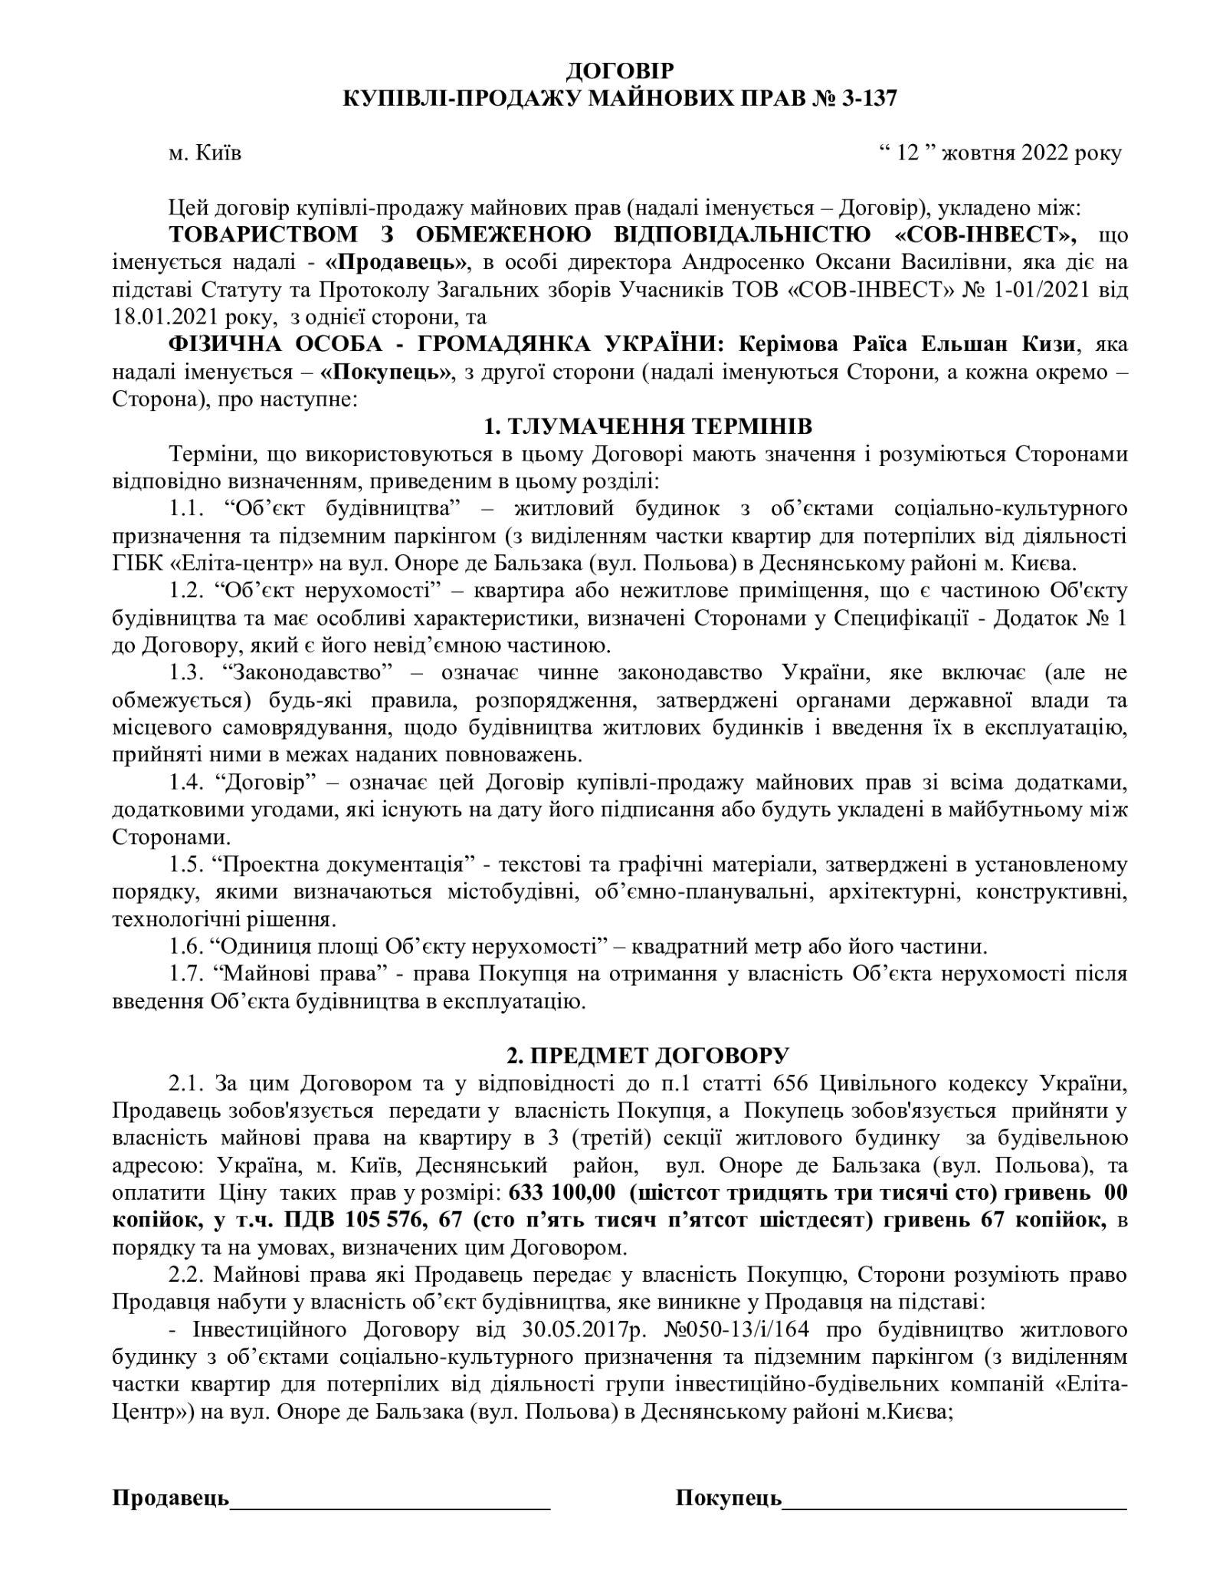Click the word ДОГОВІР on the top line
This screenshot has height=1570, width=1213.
pos(620,71)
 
